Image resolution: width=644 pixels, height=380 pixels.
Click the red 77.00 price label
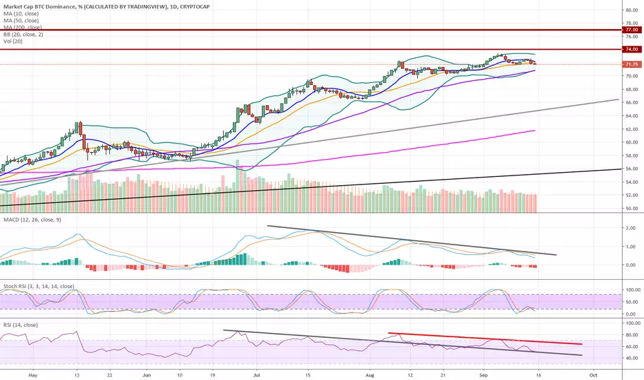[x=631, y=30]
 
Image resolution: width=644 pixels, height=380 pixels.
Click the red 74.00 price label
[x=631, y=50]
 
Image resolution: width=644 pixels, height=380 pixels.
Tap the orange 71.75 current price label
[x=631, y=64]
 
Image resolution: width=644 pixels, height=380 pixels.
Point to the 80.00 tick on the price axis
[x=631, y=10]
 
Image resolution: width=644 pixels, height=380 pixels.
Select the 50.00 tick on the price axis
[x=631, y=208]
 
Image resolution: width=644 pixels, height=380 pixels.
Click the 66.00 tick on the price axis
[x=631, y=102]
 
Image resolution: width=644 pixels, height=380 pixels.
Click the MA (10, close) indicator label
[x=22, y=13]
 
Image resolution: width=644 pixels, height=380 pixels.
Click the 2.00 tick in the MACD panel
[x=631, y=227]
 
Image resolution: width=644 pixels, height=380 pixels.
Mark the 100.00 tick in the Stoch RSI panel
[x=631, y=289]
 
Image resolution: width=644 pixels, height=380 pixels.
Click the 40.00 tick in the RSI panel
[x=631, y=358]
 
